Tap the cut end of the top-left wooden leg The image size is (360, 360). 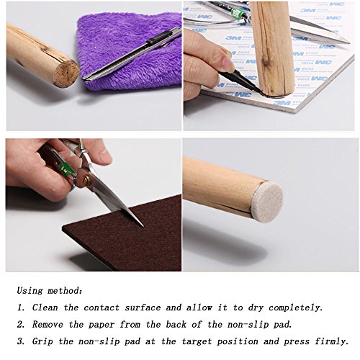66,73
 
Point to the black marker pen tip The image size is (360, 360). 260,91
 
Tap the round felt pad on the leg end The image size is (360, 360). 267,201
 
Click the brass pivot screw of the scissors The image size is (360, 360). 86,179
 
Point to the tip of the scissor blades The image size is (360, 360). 143,225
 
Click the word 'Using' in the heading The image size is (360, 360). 30,291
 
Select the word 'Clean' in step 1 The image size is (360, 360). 45,307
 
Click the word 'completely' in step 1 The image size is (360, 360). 295,308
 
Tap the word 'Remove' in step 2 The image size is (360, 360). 48,325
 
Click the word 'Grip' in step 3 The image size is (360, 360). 42,342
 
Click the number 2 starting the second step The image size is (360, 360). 20,325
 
